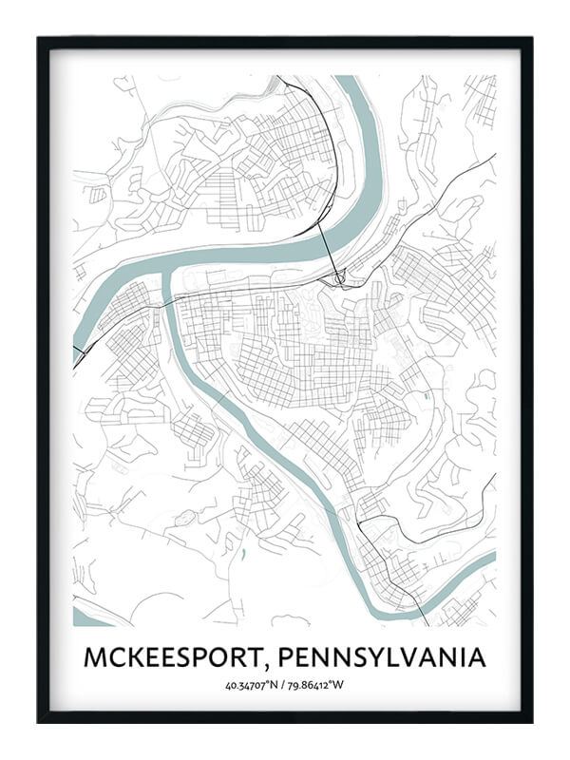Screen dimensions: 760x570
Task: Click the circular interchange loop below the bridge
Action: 339,278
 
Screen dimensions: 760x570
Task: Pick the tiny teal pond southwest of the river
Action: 244,550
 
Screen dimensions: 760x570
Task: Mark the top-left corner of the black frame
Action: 39,38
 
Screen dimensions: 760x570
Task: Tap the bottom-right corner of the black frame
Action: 531,721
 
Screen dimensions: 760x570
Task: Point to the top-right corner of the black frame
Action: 531,38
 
